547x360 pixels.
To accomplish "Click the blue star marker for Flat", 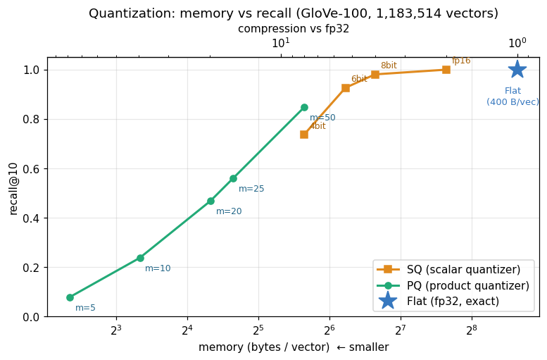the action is coord(517,70).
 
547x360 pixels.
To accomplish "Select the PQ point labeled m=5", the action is coord(70,297).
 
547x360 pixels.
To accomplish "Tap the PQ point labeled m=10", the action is coord(140,258).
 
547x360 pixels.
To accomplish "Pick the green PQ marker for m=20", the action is coord(210,201).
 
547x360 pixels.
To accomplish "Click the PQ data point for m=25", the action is coord(234,178).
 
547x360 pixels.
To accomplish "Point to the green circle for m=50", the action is coord(304,107).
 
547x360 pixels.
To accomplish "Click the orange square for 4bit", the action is coord(304,135).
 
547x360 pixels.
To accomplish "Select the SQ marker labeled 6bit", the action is coord(346,88).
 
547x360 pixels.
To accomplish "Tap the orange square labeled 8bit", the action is coord(375,75).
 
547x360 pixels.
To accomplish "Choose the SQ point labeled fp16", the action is coord(446,70).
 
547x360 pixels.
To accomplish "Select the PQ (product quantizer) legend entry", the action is coord(453,285).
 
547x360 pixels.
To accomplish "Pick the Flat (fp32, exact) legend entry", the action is coord(438,301).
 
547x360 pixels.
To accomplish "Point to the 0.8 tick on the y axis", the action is coord(31,120).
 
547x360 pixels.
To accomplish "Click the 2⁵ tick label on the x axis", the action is coord(258,330).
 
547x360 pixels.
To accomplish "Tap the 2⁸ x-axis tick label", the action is coord(472,330).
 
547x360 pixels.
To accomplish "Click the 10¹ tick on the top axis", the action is coord(281,42).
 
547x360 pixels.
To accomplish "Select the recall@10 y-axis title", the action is coord(13,189).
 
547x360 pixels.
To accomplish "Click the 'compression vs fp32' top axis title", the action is coord(294,29).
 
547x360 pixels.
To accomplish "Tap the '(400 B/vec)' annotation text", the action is coord(513,102).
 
